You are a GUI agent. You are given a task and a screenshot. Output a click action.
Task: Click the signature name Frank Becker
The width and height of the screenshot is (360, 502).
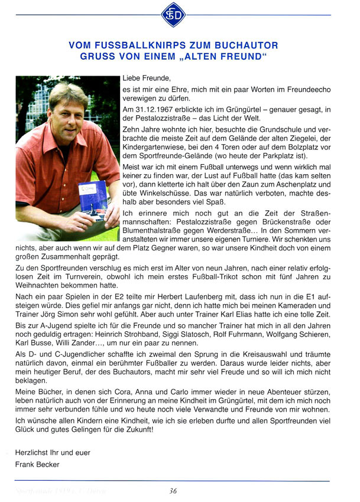(x=37, y=464)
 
